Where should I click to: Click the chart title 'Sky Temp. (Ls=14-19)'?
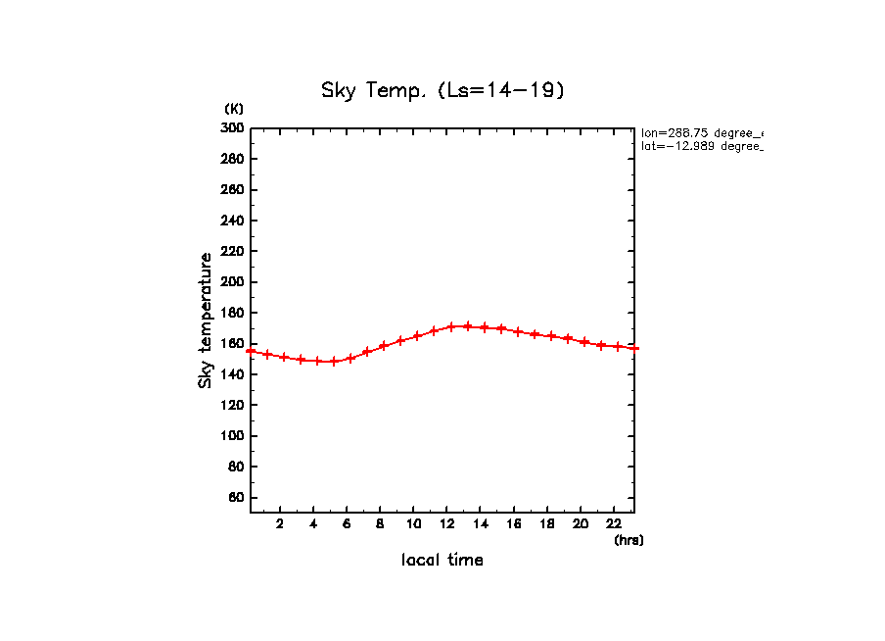443,91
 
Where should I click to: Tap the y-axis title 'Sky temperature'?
206,320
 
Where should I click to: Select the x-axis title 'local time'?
442,561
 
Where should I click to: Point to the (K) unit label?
234,108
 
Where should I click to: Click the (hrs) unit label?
629,540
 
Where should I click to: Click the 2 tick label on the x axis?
280,523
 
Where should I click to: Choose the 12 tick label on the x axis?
447,523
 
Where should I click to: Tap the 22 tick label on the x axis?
614,523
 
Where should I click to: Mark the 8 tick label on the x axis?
380,523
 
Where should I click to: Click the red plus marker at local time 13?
467,326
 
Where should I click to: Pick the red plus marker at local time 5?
334,361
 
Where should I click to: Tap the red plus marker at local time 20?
584,342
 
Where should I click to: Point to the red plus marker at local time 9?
400,341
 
